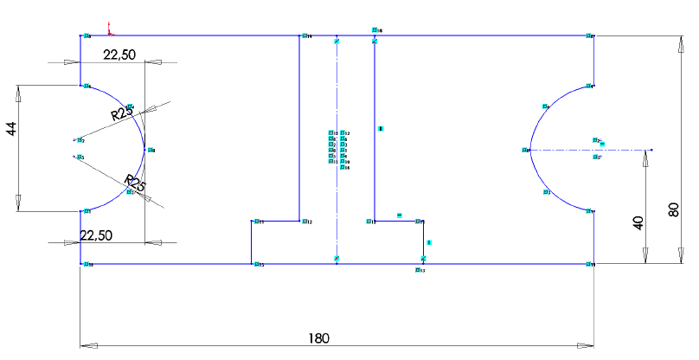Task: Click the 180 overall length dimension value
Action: (320, 337)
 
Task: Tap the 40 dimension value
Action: (638, 222)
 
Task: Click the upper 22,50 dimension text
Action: (120, 55)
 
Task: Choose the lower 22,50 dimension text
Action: (97, 235)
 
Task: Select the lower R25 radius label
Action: (135, 184)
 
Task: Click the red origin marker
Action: (109, 30)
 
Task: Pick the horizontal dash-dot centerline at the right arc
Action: (588, 150)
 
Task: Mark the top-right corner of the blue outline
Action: (593, 36)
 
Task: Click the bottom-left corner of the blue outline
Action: (80, 264)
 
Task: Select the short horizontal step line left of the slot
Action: (275, 221)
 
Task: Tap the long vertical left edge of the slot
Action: (298, 130)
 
